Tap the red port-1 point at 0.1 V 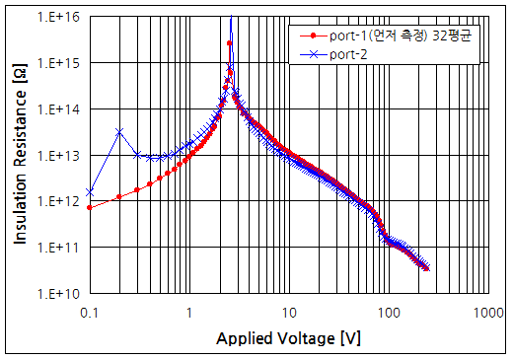(90, 207)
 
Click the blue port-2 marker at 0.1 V (90, 191)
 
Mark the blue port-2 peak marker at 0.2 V (119, 131)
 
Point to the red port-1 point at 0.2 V (119, 196)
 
